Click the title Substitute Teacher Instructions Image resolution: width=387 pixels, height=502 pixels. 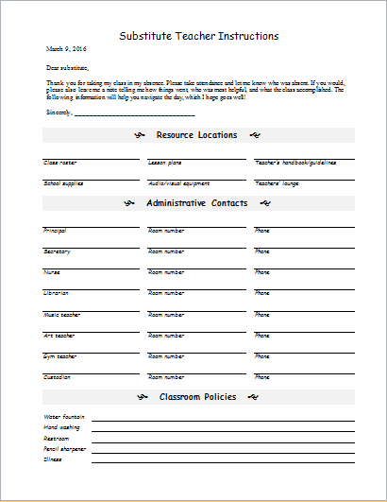tap(198, 36)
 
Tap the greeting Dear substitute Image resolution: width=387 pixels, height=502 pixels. tap(67, 68)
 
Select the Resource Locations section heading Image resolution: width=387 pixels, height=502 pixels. tap(197, 135)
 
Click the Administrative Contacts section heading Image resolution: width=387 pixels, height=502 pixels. tap(197, 203)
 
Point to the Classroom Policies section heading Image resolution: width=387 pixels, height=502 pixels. tap(197, 396)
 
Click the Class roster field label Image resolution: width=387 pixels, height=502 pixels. tap(59, 163)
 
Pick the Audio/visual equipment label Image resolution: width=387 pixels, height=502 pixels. tap(179, 182)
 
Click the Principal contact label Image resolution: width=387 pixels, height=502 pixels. tap(55, 230)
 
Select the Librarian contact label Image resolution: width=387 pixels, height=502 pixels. tap(56, 293)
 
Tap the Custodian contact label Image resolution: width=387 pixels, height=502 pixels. tap(57, 376)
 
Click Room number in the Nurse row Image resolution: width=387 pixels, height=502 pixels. tap(166, 272)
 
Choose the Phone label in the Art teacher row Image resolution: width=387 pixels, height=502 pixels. tap(262, 335)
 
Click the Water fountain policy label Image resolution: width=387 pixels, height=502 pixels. tap(64, 416)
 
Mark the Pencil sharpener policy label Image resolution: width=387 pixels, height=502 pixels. tap(65, 448)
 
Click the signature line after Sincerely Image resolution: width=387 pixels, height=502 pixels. tap(134, 113)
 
